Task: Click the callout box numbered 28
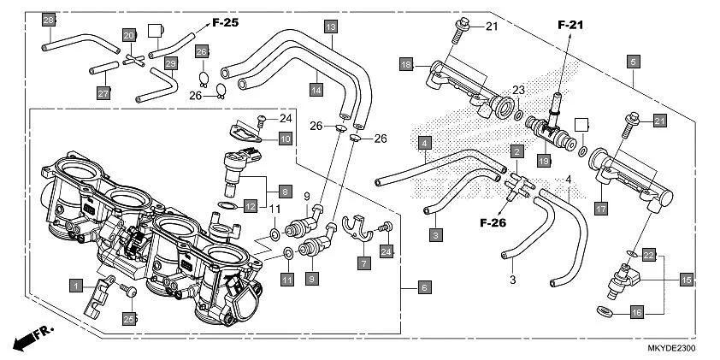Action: (x=49, y=20)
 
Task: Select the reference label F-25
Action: (x=225, y=22)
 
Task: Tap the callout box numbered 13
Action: (x=331, y=27)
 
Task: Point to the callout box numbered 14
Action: (x=316, y=89)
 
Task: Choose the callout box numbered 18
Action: (x=407, y=63)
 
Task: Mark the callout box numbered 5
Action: (x=633, y=62)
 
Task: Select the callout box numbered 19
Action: (x=543, y=160)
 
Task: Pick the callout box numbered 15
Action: (x=686, y=279)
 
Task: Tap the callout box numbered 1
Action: (x=77, y=284)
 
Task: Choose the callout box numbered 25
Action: (x=129, y=319)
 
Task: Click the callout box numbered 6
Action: (x=424, y=288)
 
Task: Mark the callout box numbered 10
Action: (x=285, y=138)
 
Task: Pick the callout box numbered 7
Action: (x=363, y=263)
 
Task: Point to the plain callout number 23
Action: (x=517, y=91)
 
